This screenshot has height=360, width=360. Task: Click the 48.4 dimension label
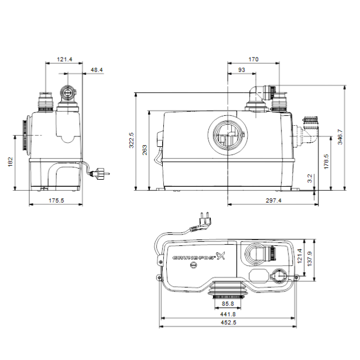pyautogui.click(x=97, y=70)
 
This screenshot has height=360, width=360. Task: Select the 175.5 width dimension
pyautogui.click(x=56, y=200)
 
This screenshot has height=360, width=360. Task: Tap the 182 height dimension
pyautogui.click(x=11, y=162)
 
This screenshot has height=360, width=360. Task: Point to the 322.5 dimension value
pyautogui.click(x=131, y=140)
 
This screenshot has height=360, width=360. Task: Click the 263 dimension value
pyautogui.click(x=145, y=150)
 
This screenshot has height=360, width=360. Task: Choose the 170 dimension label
pyautogui.click(x=253, y=60)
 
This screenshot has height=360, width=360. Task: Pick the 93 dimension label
pyautogui.click(x=242, y=70)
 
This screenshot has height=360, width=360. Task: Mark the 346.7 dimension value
pyautogui.click(x=340, y=137)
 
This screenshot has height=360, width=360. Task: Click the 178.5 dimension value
pyautogui.click(x=326, y=162)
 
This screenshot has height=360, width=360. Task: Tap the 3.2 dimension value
pyautogui.click(x=310, y=179)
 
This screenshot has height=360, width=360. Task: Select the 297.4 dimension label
pyautogui.click(x=273, y=200)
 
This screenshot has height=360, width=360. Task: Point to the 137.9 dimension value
pyautogui.click(x=310, y=259)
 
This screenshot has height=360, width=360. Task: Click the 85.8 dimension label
pyautogui.click(x=228, y=304)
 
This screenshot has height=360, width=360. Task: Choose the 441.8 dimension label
pyautogui.click(x=228, y=314)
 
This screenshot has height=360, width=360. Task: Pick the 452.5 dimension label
pyautogui.click(x=228, y=323)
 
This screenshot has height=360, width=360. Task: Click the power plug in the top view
pyautogui.click(x=203, y=221)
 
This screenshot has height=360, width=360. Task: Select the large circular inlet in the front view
pyautogui.click(x=228, y=135)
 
